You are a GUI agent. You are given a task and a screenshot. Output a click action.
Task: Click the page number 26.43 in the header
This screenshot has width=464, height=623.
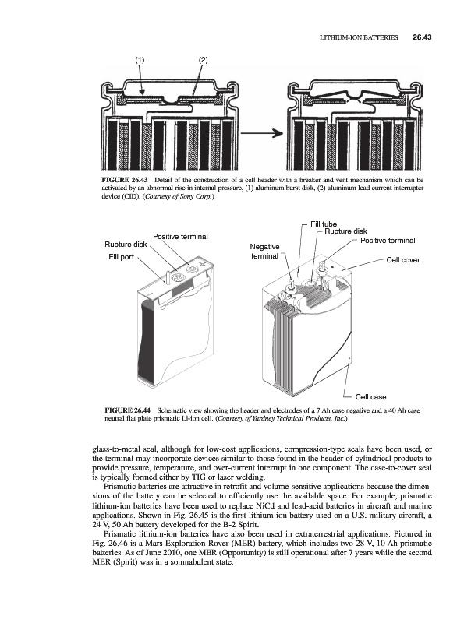pos(422,37)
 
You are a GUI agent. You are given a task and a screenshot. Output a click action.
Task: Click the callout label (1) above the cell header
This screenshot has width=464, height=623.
pos(140,61)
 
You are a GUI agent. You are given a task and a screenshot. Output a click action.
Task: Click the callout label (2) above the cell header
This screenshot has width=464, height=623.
pos(204,61)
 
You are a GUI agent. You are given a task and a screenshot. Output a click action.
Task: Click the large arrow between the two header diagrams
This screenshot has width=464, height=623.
pos(261,133)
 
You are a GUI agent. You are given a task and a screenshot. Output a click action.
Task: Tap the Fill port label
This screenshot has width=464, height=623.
pos(122,257)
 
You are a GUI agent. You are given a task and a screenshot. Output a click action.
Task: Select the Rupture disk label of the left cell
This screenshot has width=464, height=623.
pos(126,245)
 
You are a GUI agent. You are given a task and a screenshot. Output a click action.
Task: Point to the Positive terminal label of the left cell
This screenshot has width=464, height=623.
pos(180,237)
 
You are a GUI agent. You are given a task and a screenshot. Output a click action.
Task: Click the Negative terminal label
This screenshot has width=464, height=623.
pos(264,252)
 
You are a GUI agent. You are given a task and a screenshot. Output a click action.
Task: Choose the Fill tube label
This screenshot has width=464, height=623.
pos(324,224)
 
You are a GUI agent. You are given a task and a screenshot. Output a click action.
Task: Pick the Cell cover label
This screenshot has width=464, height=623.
pos(403,260)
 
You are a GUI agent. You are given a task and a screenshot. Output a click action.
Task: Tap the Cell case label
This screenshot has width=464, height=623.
pos(370,397)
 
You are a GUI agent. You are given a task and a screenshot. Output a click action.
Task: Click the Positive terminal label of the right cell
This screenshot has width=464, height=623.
pos(388,241)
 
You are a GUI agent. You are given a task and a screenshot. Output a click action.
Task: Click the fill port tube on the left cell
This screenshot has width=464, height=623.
pos(167,276)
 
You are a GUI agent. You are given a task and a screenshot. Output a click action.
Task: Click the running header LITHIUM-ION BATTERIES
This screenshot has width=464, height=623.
pos(359,37)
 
